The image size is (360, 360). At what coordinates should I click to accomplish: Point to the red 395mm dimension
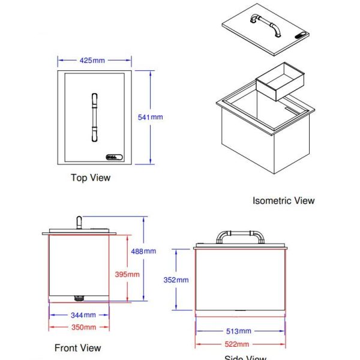pyautogui.click(x=127, y=274)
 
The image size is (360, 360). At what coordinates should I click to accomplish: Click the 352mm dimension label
pyautogui.click(x=176, y=280)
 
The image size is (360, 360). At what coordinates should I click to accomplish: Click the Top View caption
pyautogui.click(x=91, y=178)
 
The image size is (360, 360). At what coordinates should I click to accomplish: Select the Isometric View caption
pyautogui.click(x=283, y=200)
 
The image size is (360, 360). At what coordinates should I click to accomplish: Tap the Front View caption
pyautogui.click(x=78, y=348)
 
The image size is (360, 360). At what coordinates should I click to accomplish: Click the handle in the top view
pyautogui.click(x=94, y=117)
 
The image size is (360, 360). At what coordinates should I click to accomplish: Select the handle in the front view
pyautogui.click(x=77, y=223)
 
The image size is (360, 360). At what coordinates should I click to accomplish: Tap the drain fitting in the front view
pyautogui.click(x=77, y=298)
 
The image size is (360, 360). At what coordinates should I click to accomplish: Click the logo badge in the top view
pyautogui.click(x=113, y=158)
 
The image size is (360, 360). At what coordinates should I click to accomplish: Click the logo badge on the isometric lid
pyautogui.click(x=302, y=35)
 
